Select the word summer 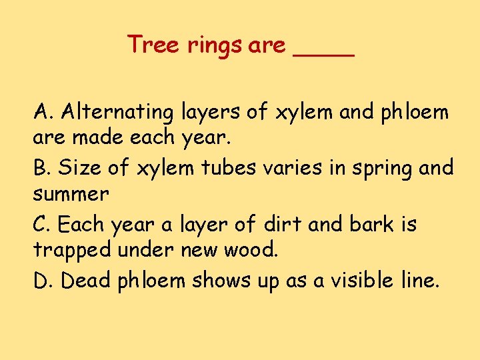coord(70,195)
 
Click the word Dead coord(86,281)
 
